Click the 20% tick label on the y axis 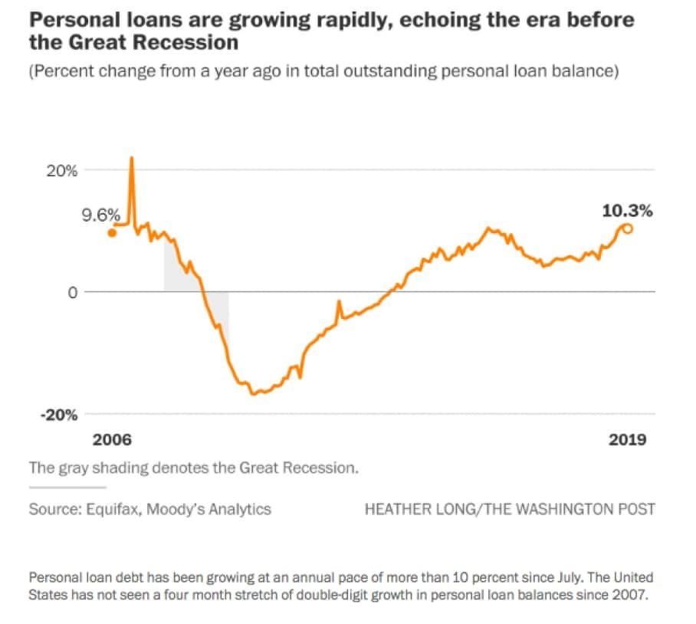pos(63,171)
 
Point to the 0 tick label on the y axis pos(72,292)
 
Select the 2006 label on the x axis pos(112,440)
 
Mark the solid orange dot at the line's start pos(112,233)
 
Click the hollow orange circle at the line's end pos(627,228)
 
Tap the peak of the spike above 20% pos(131,158)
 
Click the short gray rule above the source pos(67,487)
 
